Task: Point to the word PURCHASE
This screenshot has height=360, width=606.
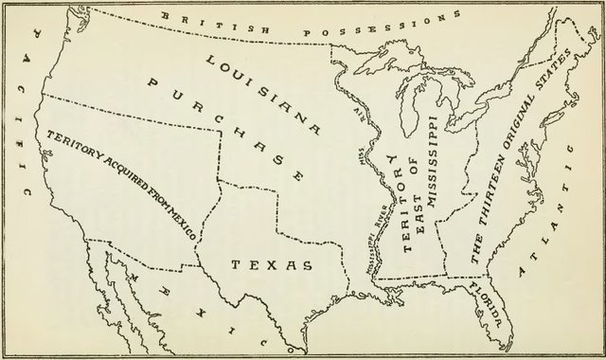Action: coord(225,128)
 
